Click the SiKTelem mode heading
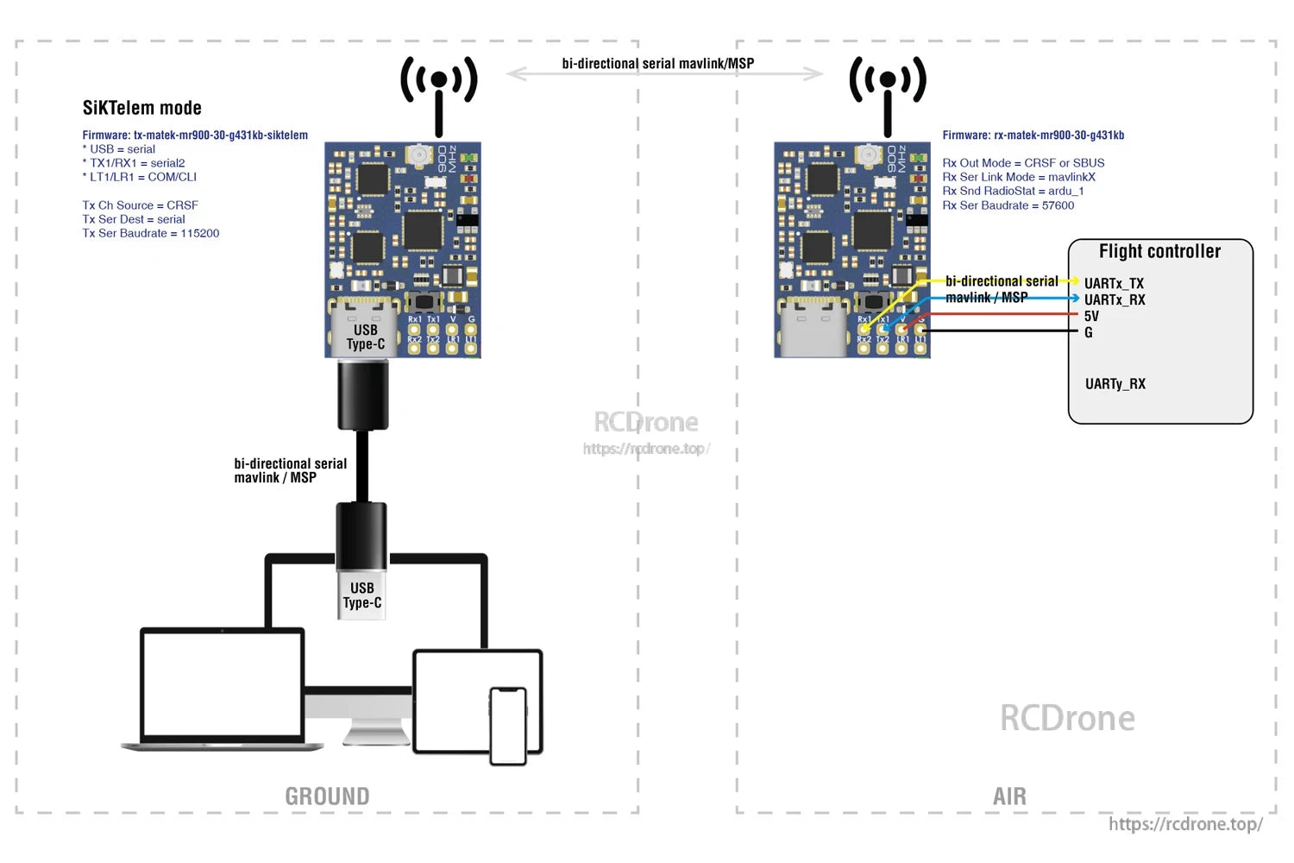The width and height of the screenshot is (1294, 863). [141, 108]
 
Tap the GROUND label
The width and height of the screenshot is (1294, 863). [327, 796]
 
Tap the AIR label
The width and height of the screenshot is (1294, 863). [1009, 796]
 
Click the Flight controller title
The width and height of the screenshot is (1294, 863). [1159, 251]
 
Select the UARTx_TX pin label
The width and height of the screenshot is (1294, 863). [1114, 283]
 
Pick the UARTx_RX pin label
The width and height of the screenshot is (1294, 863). [1115, 299]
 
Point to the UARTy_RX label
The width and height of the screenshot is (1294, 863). [1115, 384]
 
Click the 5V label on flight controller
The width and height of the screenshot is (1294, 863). [1091, 316]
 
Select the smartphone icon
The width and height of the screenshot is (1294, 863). [508, 725]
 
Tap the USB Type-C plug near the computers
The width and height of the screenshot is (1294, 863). [361, 595]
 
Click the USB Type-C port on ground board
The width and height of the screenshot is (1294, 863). [365, 332]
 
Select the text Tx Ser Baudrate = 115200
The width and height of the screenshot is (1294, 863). [151, 233]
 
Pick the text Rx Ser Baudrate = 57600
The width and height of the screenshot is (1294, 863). [1008, 205]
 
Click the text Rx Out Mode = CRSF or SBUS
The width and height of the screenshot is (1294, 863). [1023, 163]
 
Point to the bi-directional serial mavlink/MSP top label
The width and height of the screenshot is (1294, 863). [657, 63]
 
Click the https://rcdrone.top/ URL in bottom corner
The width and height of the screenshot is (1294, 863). [1185, 824]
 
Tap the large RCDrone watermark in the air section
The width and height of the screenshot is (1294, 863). [1067, 718]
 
